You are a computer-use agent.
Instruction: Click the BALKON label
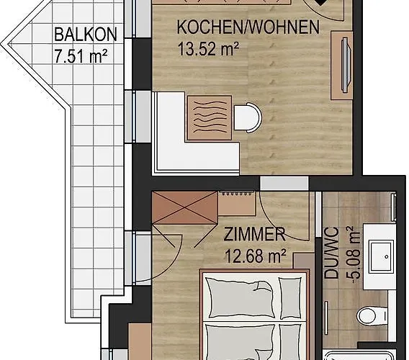pos(86,35)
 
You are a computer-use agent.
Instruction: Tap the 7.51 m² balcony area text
pos(81,56)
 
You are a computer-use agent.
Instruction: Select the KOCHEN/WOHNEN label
pos(248,27)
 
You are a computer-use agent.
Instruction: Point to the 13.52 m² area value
pos(208,49)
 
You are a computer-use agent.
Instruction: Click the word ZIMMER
pos(255,234)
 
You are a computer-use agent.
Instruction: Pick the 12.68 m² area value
pos(255,256)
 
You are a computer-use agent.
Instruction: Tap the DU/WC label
pos(331,253)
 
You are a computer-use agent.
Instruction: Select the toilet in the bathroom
pos(372,315)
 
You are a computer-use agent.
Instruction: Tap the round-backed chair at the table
pos(248,117)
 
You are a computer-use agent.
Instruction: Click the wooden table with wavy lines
pos(210,117)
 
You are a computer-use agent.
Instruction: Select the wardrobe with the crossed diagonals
pos(184,208)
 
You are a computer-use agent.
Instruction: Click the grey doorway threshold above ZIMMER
pos(284,183)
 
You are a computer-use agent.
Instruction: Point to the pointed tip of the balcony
pos(2,45)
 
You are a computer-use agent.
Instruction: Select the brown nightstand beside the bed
pos(304,261)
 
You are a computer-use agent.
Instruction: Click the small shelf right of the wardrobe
pos(236,204)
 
